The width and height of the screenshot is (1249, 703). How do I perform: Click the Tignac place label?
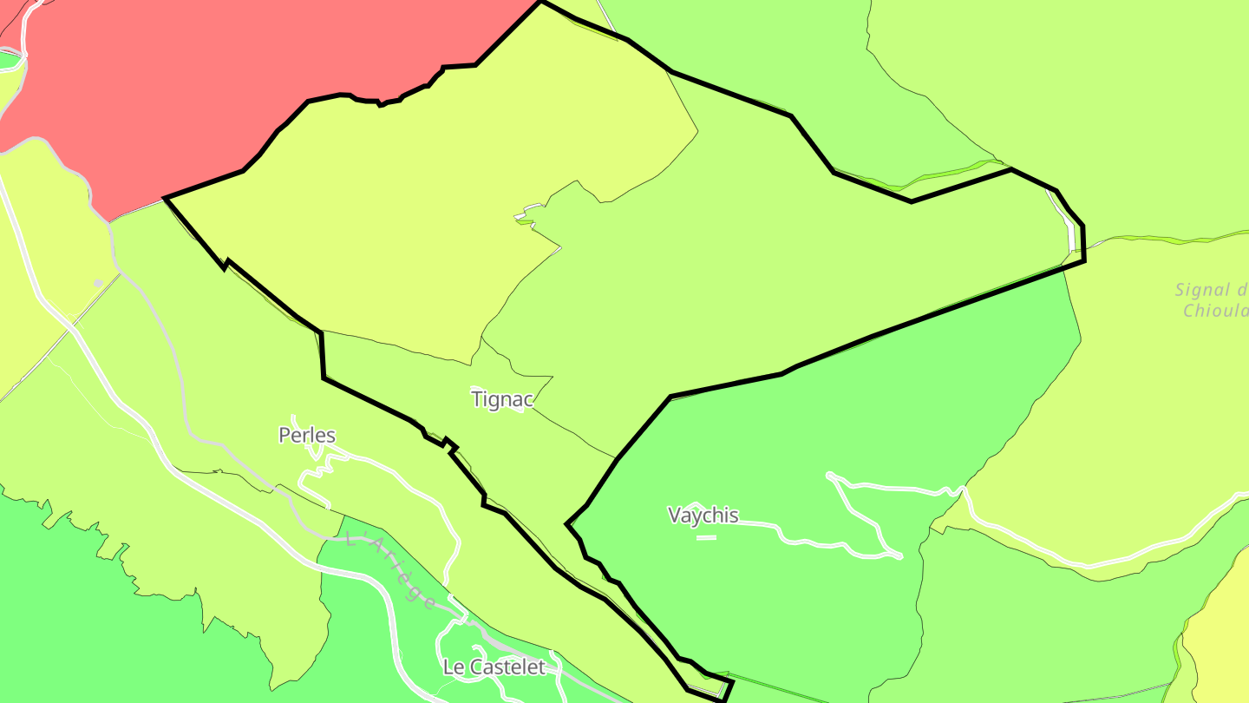coord(502,399)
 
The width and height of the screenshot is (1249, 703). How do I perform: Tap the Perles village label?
coord(307,436)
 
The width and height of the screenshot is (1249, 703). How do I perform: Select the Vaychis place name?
coord(703,516)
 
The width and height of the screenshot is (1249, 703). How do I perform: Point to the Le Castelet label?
coord(494,667)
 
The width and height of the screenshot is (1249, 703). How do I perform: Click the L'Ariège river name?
coord(390,570)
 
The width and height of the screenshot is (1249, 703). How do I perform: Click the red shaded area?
coord(217,78)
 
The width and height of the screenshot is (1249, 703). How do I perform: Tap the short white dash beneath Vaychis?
coord(706,538)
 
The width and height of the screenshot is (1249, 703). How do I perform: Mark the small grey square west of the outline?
coord(98,283)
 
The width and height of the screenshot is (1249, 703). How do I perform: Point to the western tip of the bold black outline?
coord(166,199)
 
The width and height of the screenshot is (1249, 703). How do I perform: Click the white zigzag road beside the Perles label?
coord(317,470)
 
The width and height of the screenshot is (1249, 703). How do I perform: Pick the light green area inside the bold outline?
coord(737,260)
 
